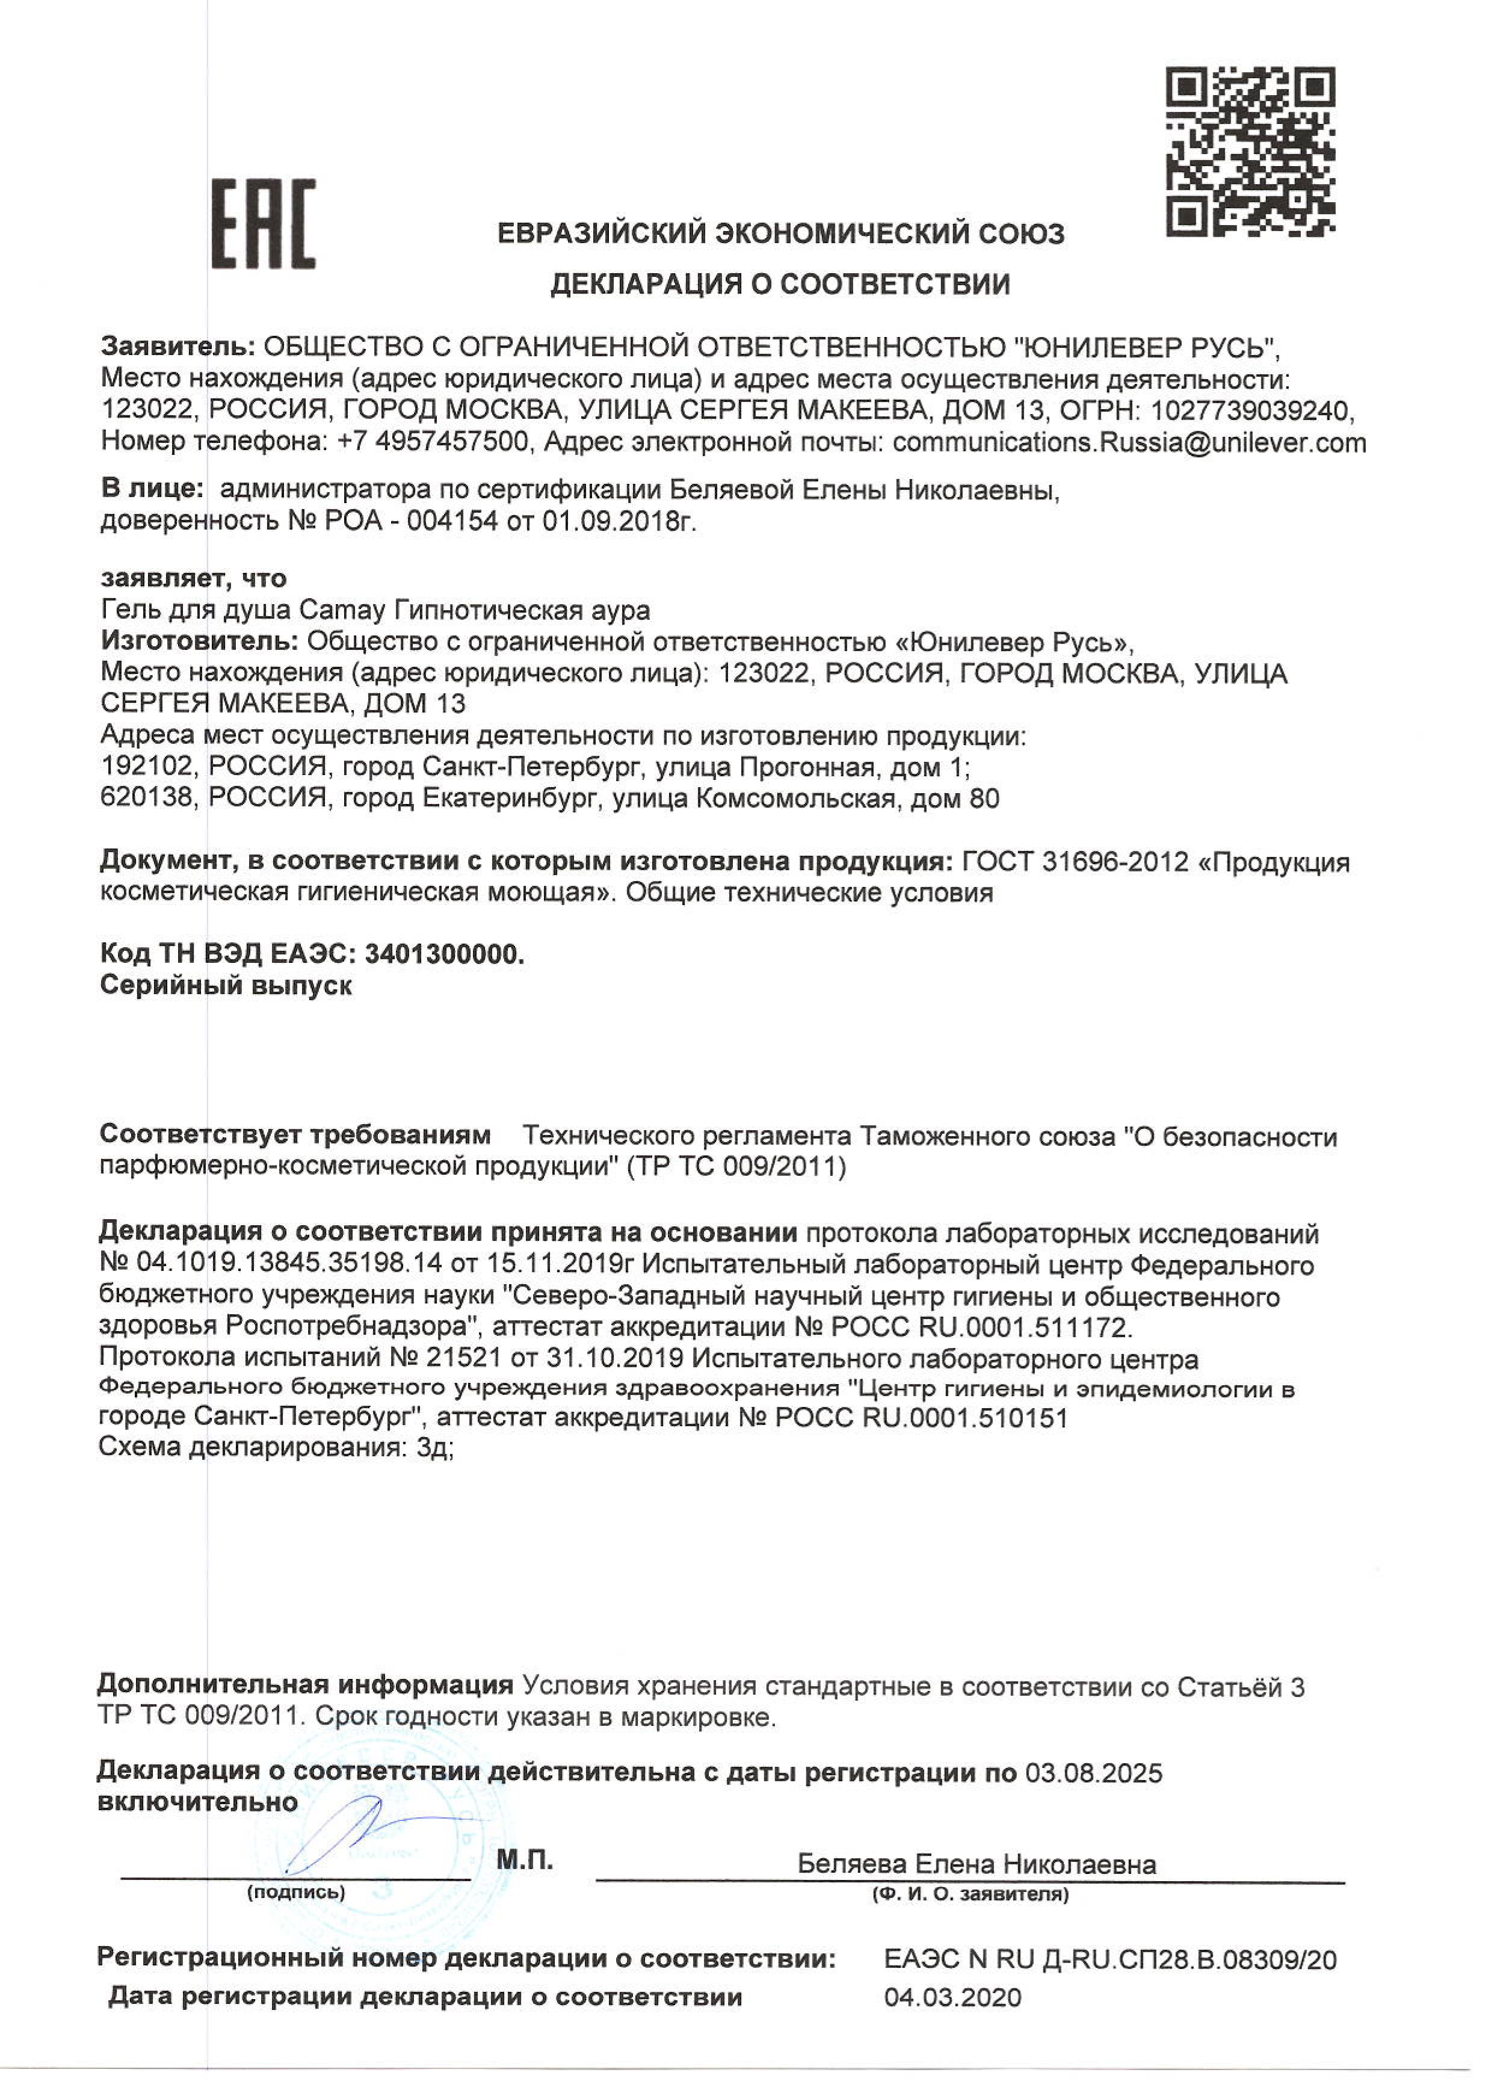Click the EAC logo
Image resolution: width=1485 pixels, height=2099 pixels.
point(264,224)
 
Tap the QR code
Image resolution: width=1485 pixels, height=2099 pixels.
point(1250,152)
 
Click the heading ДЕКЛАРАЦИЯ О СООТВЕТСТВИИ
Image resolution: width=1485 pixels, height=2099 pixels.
point(780,285)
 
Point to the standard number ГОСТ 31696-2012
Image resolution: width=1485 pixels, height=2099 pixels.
point(1073,862)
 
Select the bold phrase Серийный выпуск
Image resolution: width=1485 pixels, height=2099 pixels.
point(225,986)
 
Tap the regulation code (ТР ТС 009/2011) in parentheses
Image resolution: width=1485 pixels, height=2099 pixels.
point(736,1167)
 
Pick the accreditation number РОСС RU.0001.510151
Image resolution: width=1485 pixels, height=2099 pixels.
point(921,1418)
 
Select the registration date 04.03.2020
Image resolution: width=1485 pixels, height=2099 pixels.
point(952,1997)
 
